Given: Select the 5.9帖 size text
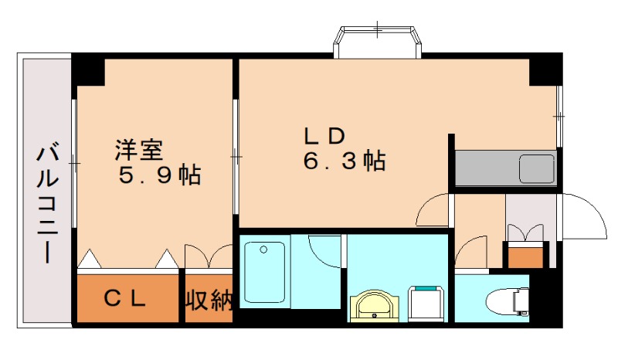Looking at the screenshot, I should pyautogui.click(x=159, y=175).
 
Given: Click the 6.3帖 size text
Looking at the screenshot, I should pyautogui.click(x=344, y=161).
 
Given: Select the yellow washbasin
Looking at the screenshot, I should pyautogui.click(x=376, y=304).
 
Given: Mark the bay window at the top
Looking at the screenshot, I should pyautogui.click(x=378, y=40).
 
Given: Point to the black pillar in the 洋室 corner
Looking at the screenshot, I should pyautogui.click(x=90, y=70).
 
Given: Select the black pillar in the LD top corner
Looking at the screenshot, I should pyautogui.click(x=544, y=70).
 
